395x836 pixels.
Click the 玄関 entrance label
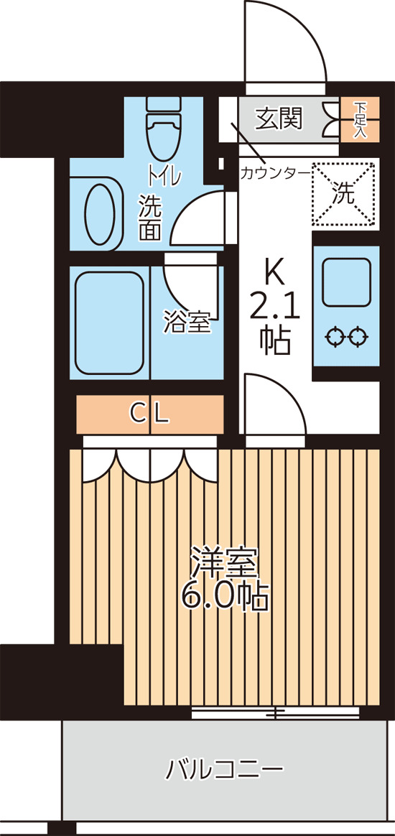coord(279,115)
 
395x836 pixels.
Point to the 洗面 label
coord(150,218)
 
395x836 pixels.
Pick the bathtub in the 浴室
coord(109,323)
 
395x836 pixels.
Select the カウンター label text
coord(275,173)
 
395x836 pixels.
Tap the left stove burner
coord(334,336)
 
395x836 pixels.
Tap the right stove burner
coord(358,336)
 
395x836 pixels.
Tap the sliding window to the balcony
coord(275,712)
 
